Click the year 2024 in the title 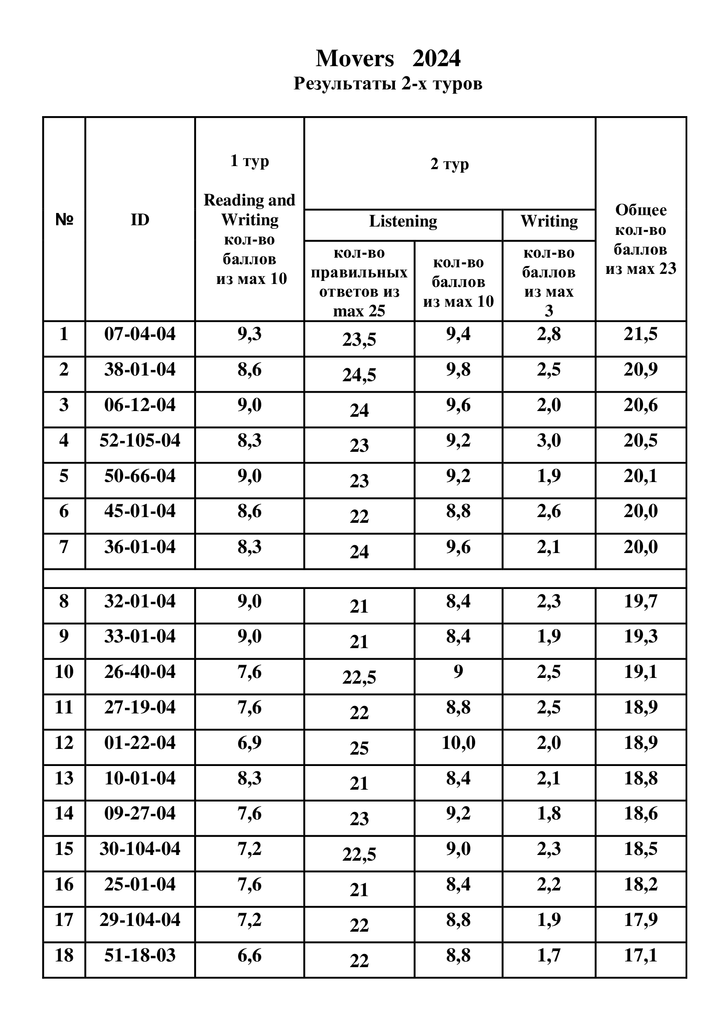tap(436, 58)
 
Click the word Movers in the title tap(355, 58)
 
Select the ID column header tap(140, 220)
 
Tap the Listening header tap(403, 221)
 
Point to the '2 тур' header tap(449, 164)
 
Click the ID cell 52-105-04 tap(140, 440)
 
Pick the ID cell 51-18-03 tap(140, 955)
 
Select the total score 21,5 tap(641, 334)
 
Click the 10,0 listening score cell tap(458, 743)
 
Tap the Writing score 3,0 tap(549, 440)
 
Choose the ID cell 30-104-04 tap(140, 849)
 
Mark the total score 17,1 tap(641, 955)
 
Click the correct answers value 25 tap(359, 748)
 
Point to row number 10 tap(64, 672)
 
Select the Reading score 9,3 tap(249, 334)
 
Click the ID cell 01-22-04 tap(140, 743)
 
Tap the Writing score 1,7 tap(549, 955)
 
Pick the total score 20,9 tap(641, 370)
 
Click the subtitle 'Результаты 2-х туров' tap(387, 84)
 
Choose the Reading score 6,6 tap(249, 955)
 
